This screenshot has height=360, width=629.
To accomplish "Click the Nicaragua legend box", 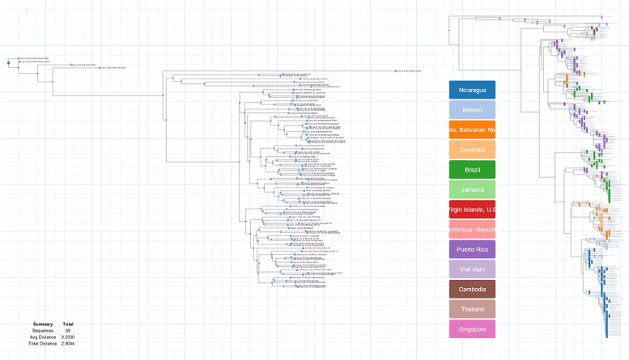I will click(x=472, y=90).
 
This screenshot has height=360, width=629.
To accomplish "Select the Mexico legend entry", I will click(x=472, y=109).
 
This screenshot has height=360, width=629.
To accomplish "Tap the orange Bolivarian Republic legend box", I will click(x=472, y=129).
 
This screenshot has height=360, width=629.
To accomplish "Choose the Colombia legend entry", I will click(x=472, y=150).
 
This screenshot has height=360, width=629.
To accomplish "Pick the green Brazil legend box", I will click(x=472, y=170).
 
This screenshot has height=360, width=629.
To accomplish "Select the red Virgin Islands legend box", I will click(x=472, y=210).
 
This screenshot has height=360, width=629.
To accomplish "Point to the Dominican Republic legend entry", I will click(x=472, y=230).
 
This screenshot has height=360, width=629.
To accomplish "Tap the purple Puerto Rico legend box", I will click(x=472, y=249).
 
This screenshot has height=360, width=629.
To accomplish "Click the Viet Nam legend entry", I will click(x=472, y=269).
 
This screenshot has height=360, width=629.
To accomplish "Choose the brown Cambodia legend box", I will click(x=472, y=290).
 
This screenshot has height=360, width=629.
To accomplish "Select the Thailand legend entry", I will click(x=472, y=309).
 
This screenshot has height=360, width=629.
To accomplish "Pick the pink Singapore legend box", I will click(x=472, y=329).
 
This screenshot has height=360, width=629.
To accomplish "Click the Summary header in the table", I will click(x=43, y=324).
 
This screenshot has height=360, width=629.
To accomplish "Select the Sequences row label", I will click(x=43, y=330).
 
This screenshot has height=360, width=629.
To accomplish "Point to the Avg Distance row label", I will click(x=43, y=337).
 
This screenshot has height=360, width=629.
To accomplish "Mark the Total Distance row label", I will click(x=43, y=344).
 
